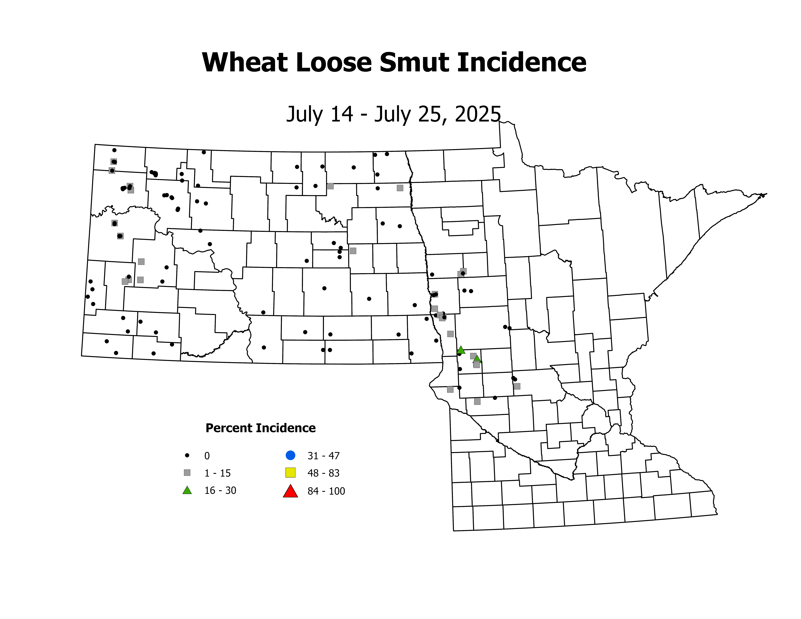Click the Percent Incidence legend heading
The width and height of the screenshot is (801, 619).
(260, 428)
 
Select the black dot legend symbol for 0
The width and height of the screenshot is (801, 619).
(187, 455)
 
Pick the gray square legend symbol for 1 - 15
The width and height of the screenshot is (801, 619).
(187, 473)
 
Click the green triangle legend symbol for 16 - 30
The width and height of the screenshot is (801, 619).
(187, 490)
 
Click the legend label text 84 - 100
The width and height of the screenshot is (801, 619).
(326, 491)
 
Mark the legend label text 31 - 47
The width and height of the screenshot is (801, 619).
(323, 456)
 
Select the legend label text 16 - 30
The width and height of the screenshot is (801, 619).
(220, 491)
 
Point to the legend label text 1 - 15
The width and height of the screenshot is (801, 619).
(217, 473)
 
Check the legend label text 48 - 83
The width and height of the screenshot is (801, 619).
(323, 473)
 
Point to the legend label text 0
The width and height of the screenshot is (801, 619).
(207, 456)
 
